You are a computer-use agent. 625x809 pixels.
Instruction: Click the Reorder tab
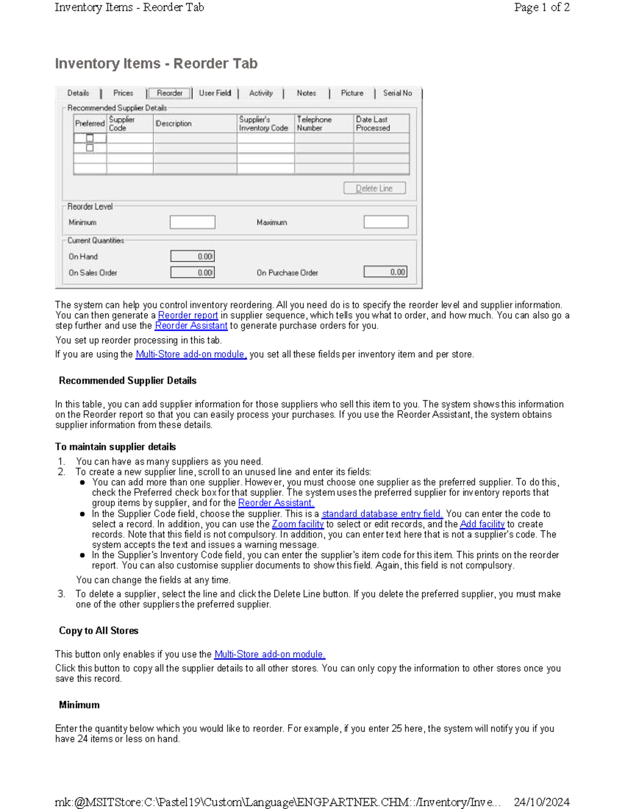click(x=169, y=93)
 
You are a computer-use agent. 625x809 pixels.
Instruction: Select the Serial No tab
click(x=397, y=93)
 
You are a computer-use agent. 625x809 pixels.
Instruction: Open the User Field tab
click(x=215, y=93)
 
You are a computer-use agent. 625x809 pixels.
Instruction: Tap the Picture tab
click(x=352, y=93)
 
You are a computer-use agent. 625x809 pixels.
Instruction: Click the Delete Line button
click(x=374, y=189)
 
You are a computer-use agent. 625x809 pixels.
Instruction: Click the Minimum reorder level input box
click(x=192, y=222)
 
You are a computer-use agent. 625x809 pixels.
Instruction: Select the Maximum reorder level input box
click(x=386, y=222)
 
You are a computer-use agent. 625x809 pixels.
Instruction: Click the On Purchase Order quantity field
click(x=385, y=272)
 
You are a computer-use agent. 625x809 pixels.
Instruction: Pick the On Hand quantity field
click(x=192, y=256)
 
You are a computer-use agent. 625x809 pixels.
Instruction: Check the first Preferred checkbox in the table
click(x=90, y=138)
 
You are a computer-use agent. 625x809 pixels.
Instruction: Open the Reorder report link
click(x=188, y=315)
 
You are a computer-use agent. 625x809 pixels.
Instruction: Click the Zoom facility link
click(x=297, y=524)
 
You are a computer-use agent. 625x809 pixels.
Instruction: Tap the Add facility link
click(x=482, y=524)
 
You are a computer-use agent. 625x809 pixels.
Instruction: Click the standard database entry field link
click(x=382, y=514)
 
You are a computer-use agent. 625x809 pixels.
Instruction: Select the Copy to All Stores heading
click(x=98, y=630)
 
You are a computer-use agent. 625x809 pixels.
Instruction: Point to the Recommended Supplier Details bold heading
click(x=128, y=381)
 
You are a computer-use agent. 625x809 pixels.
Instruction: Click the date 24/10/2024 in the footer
click(x=541, y=802)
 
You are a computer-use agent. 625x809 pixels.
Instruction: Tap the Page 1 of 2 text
click(x=542, y=7)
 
